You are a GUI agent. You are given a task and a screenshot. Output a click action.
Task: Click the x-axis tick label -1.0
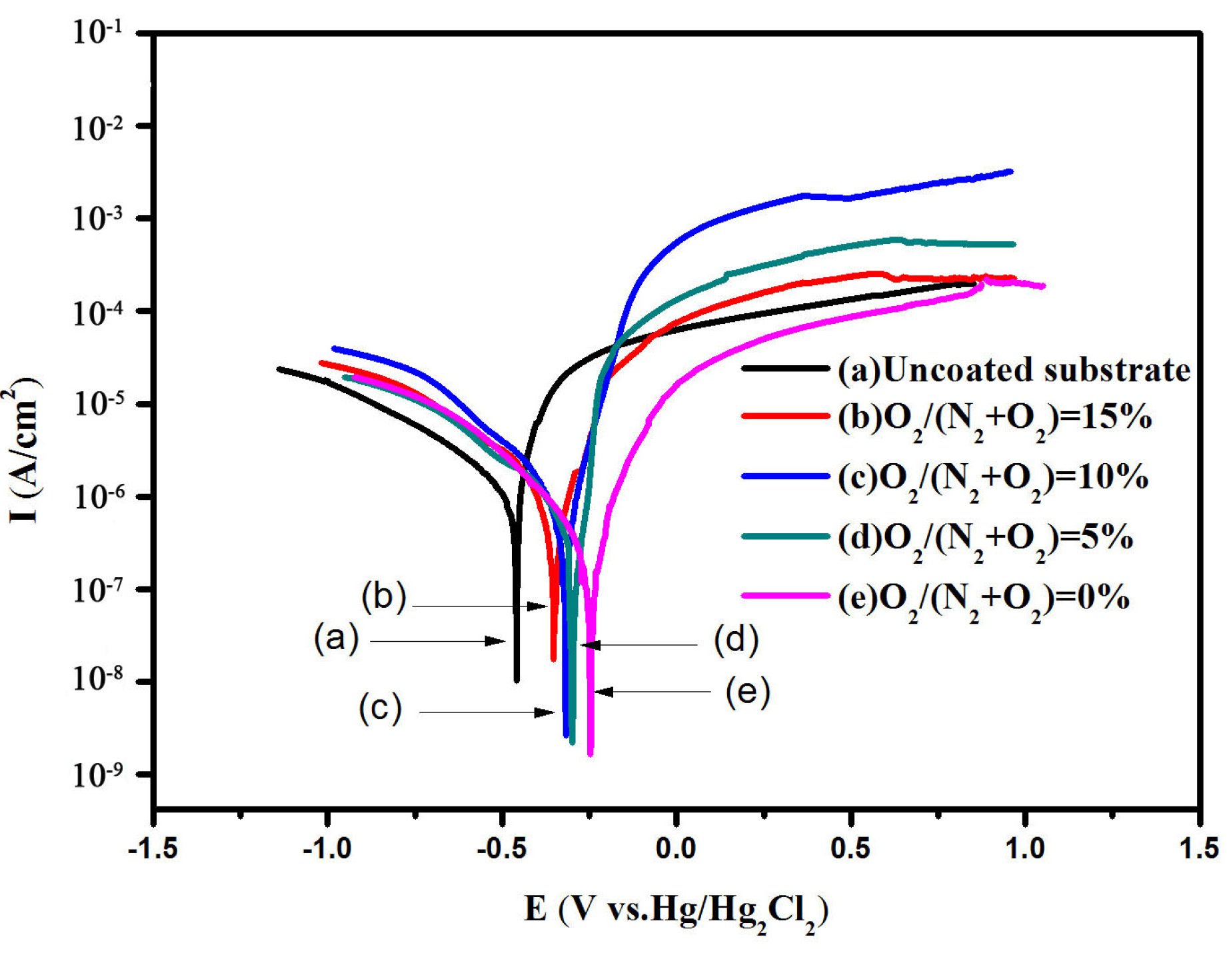[x=327, y=849]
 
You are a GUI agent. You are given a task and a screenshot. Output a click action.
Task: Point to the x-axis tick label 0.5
[x=850, y=849]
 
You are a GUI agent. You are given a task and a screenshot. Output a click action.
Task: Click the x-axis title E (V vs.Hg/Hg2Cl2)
[x=676, y=910]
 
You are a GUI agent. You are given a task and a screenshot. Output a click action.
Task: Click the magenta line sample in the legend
[x=785, y=594]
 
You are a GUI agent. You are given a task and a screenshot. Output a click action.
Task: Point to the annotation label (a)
[x=337, y=638]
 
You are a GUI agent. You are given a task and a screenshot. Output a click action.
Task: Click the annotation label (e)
[x=748, y=691]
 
